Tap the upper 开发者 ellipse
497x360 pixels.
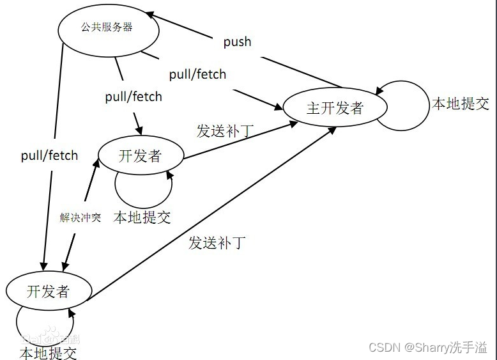tap(141, 155)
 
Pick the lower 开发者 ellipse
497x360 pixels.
tap(47, 292)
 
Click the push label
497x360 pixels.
tap(237, 42)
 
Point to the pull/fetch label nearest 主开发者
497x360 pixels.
tap(197, 74)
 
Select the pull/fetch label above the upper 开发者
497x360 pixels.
tap(134, 97)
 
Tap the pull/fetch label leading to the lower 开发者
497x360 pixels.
tap(49, 155)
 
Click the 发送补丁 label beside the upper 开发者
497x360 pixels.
tap(226, 131)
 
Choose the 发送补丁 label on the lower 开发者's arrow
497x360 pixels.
tap(217, 243)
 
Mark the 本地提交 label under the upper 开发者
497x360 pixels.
tap(142, 217)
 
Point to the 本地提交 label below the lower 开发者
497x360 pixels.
tap(49, 352)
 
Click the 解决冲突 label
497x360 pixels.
tap(80, 217)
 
